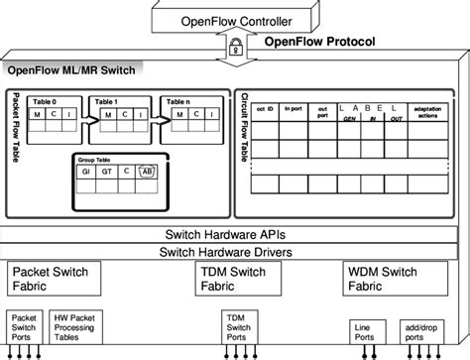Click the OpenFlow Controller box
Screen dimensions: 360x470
tap(236, 18)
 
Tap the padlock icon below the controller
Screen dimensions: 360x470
tap(236, 47)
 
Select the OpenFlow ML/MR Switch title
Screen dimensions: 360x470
tap(73, 70)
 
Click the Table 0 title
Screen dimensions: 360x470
tap(48, 101)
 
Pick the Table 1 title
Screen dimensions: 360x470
tap(107, 101)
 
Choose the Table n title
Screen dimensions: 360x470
tap(176, 101)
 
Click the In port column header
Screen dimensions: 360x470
tap(294, 108)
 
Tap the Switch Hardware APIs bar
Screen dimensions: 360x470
tap(235, 234)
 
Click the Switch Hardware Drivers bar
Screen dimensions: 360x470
tap(235, 252)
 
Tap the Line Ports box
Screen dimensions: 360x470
tap(363, 327)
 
